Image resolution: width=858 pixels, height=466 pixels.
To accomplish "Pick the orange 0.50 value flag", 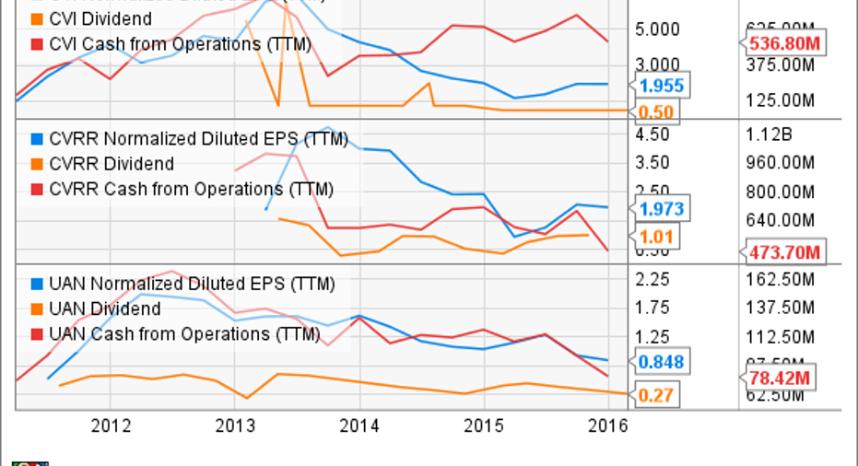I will [x=656, y=112].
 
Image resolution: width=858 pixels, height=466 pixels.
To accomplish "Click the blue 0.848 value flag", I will [x=660, y=362].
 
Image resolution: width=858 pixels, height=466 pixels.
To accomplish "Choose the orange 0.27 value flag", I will [x=656, y=396].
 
